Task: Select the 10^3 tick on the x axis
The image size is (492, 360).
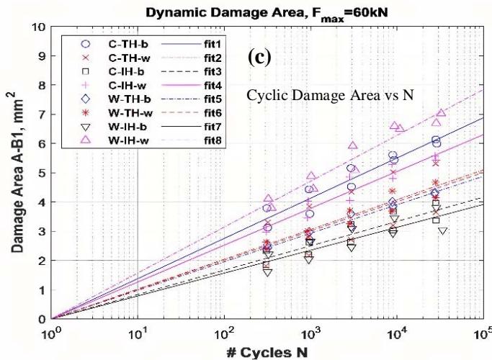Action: pyautogui.click(x=310, y=333)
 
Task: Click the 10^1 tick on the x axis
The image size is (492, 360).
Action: pyautogui.click(x=138, y=333)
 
